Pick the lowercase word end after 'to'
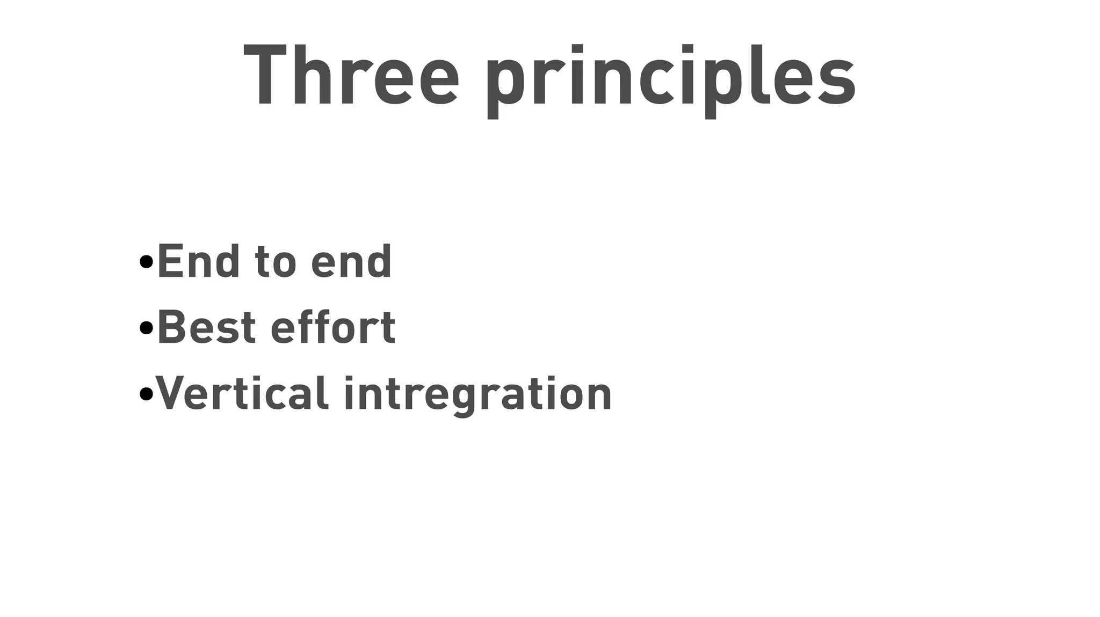(x=351, y=261)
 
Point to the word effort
(x=333, y=327)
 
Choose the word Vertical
(x=242, y=393)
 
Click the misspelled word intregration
(x=477, y=394)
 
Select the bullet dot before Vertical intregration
(x=146, y=394)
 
